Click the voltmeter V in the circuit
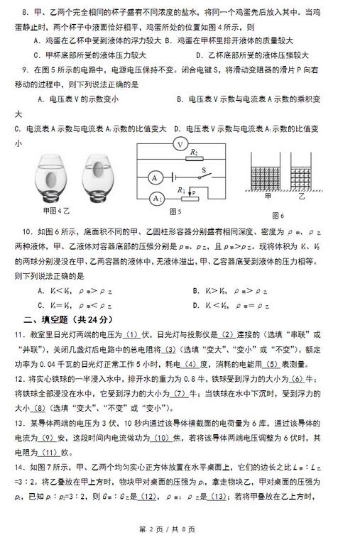[x=181, y=143]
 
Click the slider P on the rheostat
[x=193, y=192]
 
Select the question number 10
[x=27, y=232]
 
